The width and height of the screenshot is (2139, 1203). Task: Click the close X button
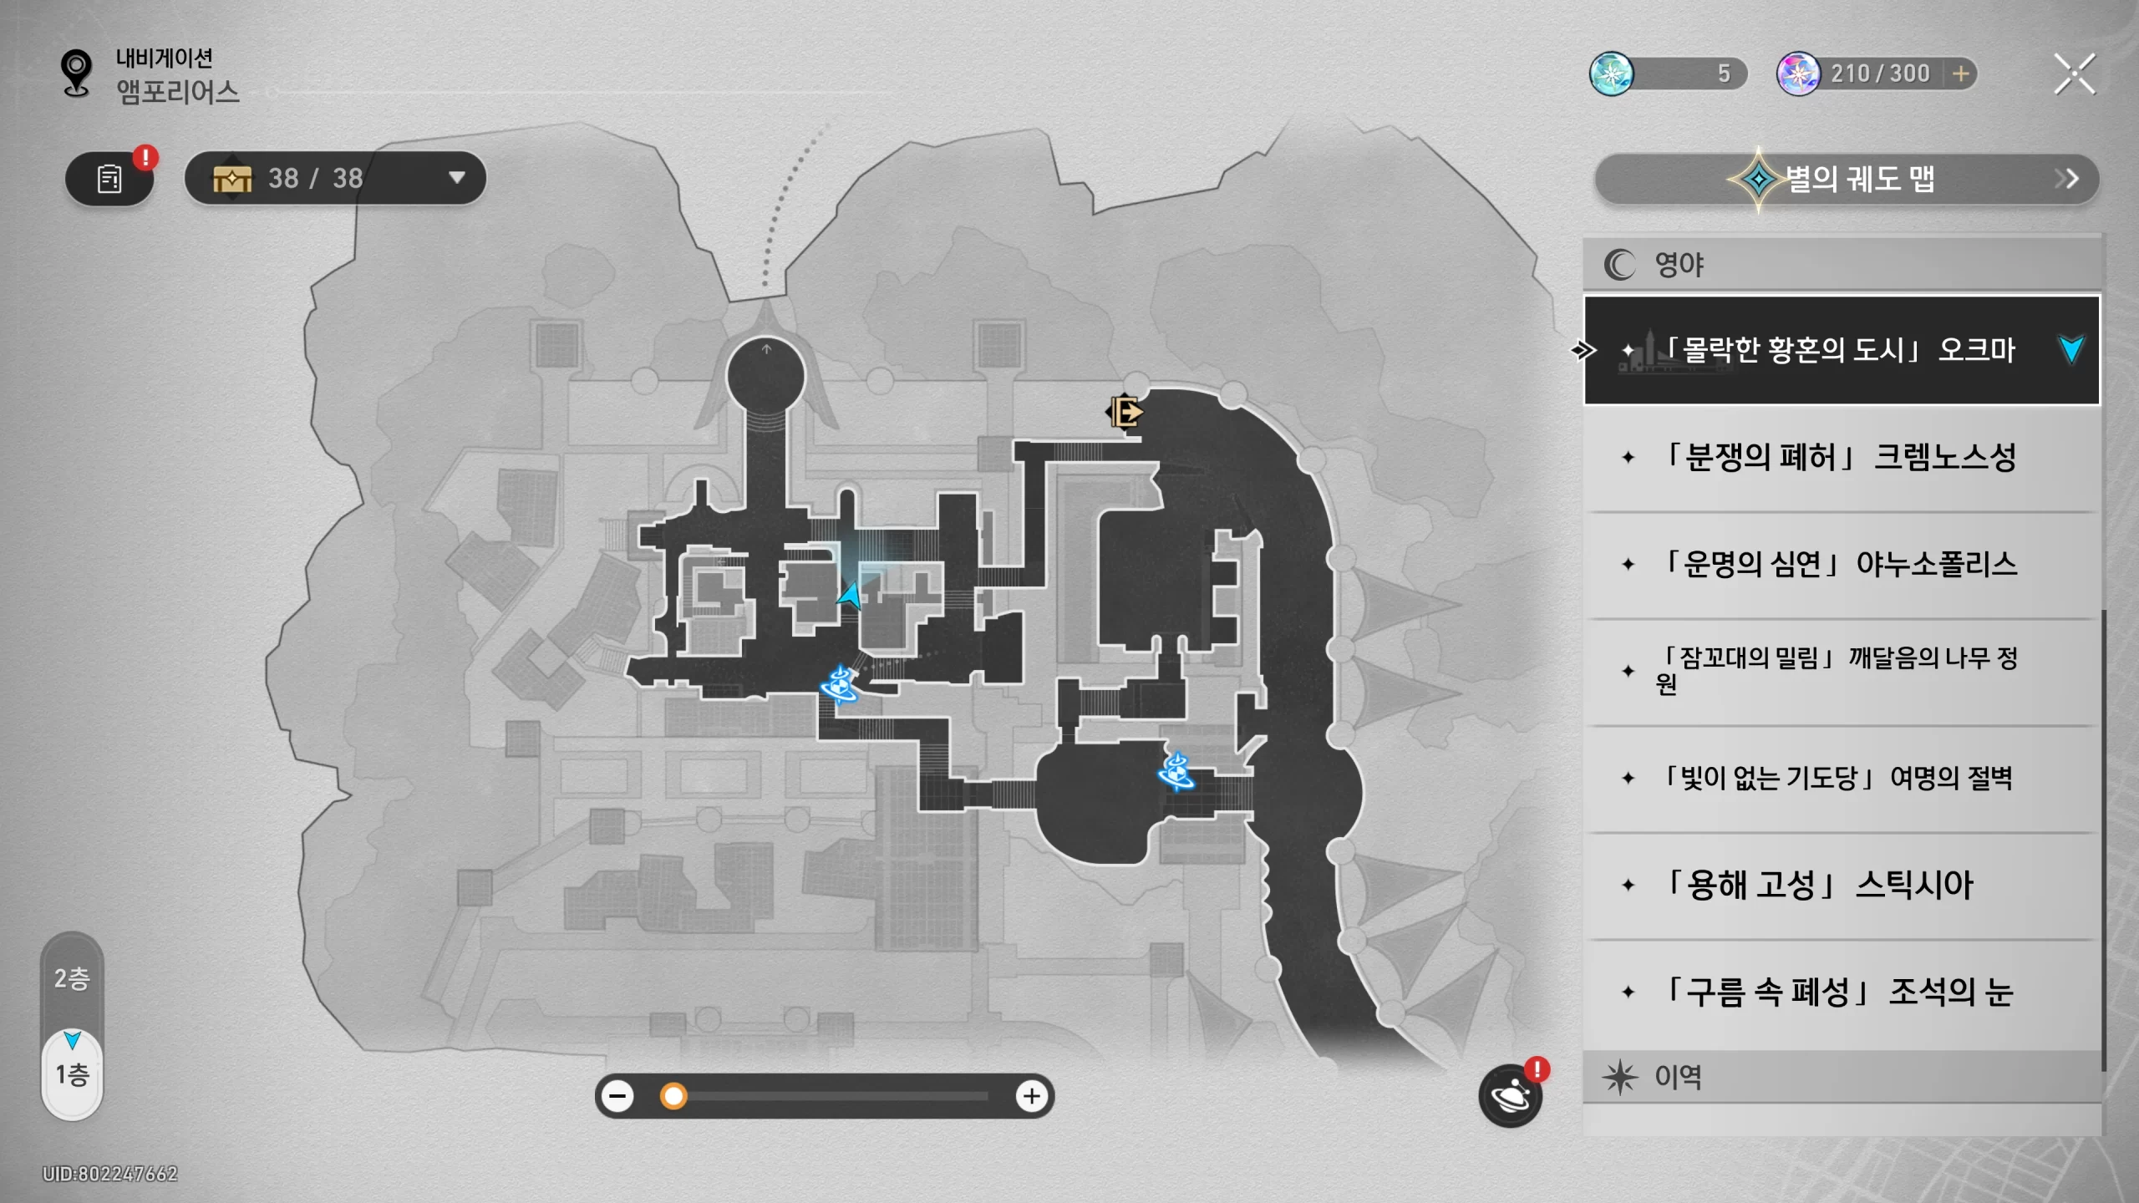point(2075,74)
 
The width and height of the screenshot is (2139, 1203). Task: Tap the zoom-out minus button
point(618,1096)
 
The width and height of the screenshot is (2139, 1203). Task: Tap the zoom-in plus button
point(1032,1096)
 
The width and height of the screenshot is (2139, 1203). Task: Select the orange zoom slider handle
point(673,1096)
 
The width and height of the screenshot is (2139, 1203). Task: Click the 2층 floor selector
point(72,978)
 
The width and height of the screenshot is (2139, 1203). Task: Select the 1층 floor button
point(72,1074)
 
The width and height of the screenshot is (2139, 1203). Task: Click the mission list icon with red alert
point(109,178)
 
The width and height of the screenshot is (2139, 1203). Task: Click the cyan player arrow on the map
point(851,596)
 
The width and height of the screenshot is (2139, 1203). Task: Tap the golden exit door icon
point(1125,412)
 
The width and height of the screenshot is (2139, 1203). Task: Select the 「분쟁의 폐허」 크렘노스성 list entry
point(1842,458)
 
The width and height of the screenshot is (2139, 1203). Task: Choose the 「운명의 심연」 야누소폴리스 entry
point(1842,565)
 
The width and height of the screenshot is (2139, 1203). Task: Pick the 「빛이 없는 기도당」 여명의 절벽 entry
point(1842,779)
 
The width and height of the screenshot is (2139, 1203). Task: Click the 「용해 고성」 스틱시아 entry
point(1842,886)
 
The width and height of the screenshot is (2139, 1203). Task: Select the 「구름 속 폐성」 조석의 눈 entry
point(1842,992)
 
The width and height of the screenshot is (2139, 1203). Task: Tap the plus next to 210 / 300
point(1960,74)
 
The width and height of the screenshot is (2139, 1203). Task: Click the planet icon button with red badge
point(1511,1095)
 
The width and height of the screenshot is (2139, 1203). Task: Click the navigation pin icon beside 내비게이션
point(76,74)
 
